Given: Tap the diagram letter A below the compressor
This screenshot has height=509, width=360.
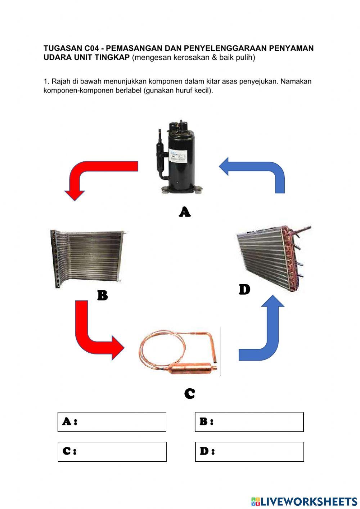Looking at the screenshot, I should [x=185, y=212].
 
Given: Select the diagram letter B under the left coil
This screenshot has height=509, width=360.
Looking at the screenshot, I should [x=103, y=295].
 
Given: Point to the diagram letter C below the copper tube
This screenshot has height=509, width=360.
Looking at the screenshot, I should [x=189, y=393].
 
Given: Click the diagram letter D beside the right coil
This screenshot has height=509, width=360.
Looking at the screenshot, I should [x=244, y=289].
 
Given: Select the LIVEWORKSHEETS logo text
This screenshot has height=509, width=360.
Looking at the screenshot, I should [x=308, y=501].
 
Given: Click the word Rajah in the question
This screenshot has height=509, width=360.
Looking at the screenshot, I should [x=61, y=81].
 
